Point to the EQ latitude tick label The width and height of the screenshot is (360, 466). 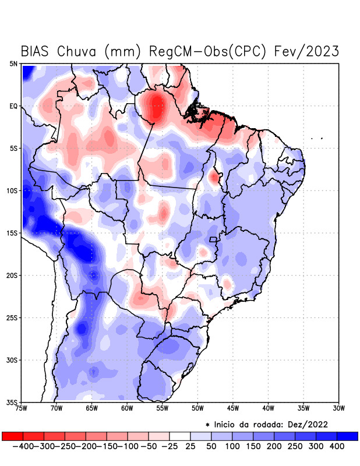point(13,106)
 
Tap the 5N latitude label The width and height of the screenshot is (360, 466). point(13,63)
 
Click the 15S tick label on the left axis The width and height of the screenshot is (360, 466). point(12,233)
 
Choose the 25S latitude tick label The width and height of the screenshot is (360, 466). point(12,317)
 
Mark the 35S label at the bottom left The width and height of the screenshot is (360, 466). point(12,402)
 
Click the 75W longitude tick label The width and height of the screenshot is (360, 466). point(22,408)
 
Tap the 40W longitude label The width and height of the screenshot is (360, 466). point(268,408)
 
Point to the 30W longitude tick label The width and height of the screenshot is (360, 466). point(338,408)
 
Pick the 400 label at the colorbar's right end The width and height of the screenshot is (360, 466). point(336,446)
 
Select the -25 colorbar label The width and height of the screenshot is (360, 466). point(169,446)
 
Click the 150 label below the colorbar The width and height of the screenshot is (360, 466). point(252,446)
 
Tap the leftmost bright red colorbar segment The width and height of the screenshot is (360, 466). point(12,436)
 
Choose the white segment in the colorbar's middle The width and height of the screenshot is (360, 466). point(179,436)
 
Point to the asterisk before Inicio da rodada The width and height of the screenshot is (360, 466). point(207,424)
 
